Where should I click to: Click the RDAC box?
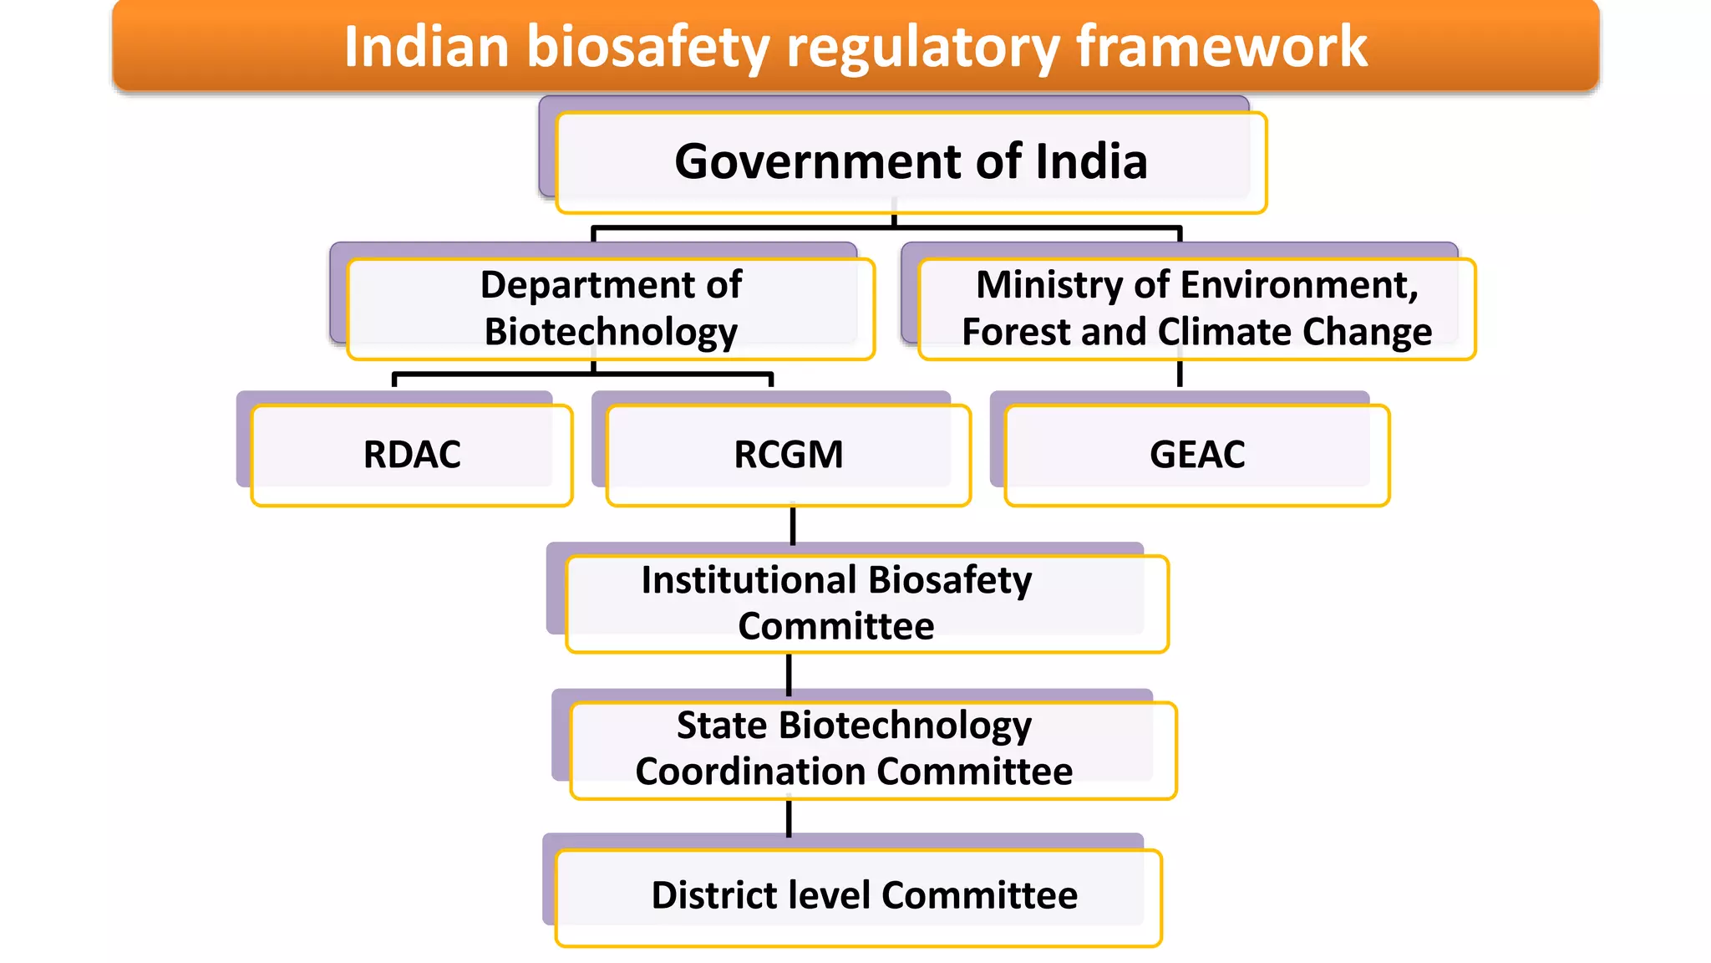click(x=412, y=455)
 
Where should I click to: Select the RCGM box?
click(x=788, y=455)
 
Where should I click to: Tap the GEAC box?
click(x=1196, y=455)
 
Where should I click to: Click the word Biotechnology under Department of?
click(x=611, y=332)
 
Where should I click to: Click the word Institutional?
click(x=749, y=580)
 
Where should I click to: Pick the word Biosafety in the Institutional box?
click(x=950, y=580)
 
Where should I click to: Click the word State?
click(x=722, y=725)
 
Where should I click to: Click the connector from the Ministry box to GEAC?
click(x=1180, y=374)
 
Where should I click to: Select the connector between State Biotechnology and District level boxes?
click(x=789, y=818)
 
